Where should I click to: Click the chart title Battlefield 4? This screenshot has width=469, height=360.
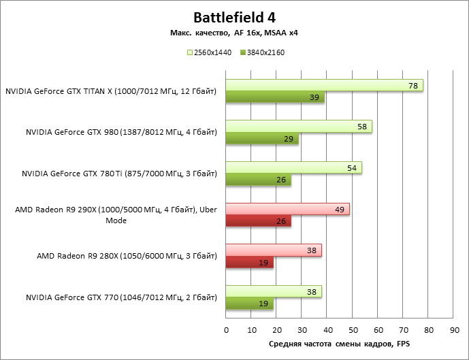(235, 16)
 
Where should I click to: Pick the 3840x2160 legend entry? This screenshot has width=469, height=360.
(261, 52)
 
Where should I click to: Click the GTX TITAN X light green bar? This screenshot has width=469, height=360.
(324, 85)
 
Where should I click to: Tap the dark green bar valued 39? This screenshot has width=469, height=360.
(275, 98)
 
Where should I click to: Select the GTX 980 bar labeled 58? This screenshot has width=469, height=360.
(299, 127)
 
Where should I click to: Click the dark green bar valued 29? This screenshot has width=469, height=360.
(262, 139)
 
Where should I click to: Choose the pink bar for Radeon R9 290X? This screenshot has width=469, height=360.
(287, 209)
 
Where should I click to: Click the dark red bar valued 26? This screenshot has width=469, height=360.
(259, 221)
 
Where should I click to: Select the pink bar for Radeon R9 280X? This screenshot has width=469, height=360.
(274, 250)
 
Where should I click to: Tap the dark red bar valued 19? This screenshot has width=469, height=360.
(250, 263)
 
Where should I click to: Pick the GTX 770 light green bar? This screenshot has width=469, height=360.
(274, 291)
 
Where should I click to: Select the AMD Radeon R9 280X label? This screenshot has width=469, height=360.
(127, 257)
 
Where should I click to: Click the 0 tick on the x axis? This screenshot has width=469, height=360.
(227, 329)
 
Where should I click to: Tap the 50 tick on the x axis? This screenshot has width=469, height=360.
(353, 329)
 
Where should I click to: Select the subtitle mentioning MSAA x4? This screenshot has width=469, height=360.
(235, 33)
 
